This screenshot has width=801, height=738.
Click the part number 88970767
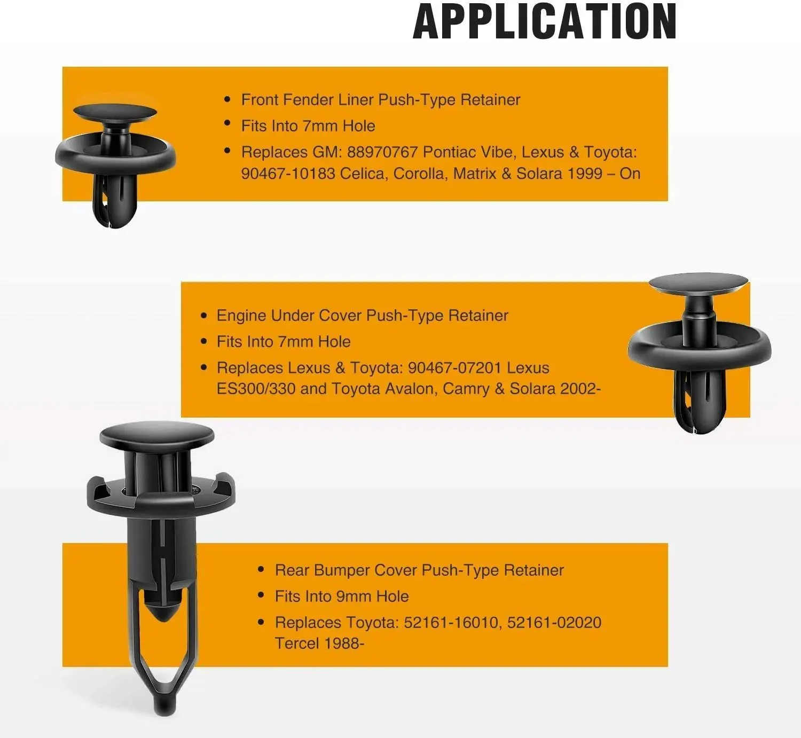click(x=382, y=152)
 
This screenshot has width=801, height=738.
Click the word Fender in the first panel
click(x=305, y=100)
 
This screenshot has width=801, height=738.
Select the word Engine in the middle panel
click(x=241, y=316)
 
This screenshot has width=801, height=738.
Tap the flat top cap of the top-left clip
click(x=115, y=112)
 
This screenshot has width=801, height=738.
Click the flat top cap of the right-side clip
click(x=698, y=283)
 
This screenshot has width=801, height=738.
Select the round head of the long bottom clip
click(x=157, y=435)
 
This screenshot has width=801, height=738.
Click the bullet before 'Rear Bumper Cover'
click(x=261, y=570)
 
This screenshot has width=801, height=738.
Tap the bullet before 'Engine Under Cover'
click(x=203, y=315)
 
